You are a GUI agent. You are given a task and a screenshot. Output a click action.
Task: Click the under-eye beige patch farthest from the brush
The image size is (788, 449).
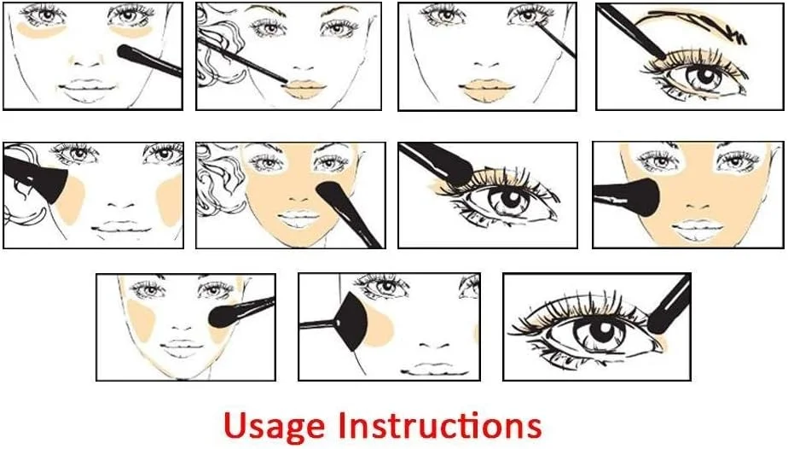(41, 30)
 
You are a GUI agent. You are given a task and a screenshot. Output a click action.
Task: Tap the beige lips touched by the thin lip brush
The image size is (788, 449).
(303, 90)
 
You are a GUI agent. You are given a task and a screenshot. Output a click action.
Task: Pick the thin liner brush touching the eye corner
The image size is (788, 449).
(556, 39)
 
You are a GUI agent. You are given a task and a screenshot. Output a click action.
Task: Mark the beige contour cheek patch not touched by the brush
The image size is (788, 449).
(170, 201)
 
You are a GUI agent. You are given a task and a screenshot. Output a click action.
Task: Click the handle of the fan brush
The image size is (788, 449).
(317, 324)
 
